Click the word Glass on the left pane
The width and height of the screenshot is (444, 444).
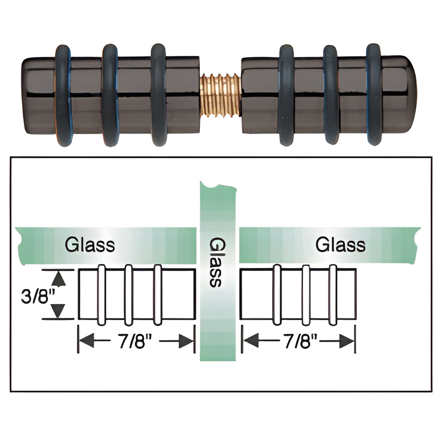(90, 245)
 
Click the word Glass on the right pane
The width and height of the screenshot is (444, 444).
(340, 245)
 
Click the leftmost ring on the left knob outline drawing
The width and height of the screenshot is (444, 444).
(101, 295)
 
